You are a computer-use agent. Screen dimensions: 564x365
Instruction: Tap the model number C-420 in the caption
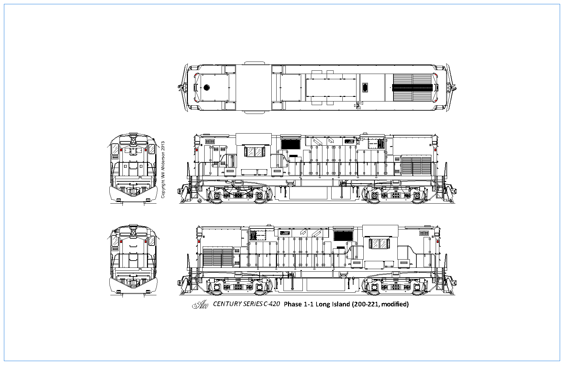pyautogui.click(x=272, y=304)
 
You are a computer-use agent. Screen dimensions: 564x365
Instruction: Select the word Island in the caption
pyautogui.click(x=341, y=304)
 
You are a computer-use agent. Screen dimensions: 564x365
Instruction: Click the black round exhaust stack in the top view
pyautogui.click(x=207, y=87)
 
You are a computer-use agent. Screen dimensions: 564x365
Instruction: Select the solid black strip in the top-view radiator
pyautogui.click(x=412, y=87)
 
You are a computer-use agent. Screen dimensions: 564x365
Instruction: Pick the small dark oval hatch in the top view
pyautogui.click(x=365, y=88)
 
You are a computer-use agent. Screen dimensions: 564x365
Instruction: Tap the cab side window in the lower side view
pyautogui.click(x=379, y=244)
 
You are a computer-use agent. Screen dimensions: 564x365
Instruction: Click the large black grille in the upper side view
pyautogui.click(x=291, y=144)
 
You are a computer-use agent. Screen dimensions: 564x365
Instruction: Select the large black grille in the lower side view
pyautogui.click(x=343, y=236)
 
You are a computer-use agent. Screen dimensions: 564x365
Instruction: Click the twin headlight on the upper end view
pyautogui.click(x=134, y=141)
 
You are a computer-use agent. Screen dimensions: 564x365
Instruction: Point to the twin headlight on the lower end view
pyautogui.click(x=134, y=233)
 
